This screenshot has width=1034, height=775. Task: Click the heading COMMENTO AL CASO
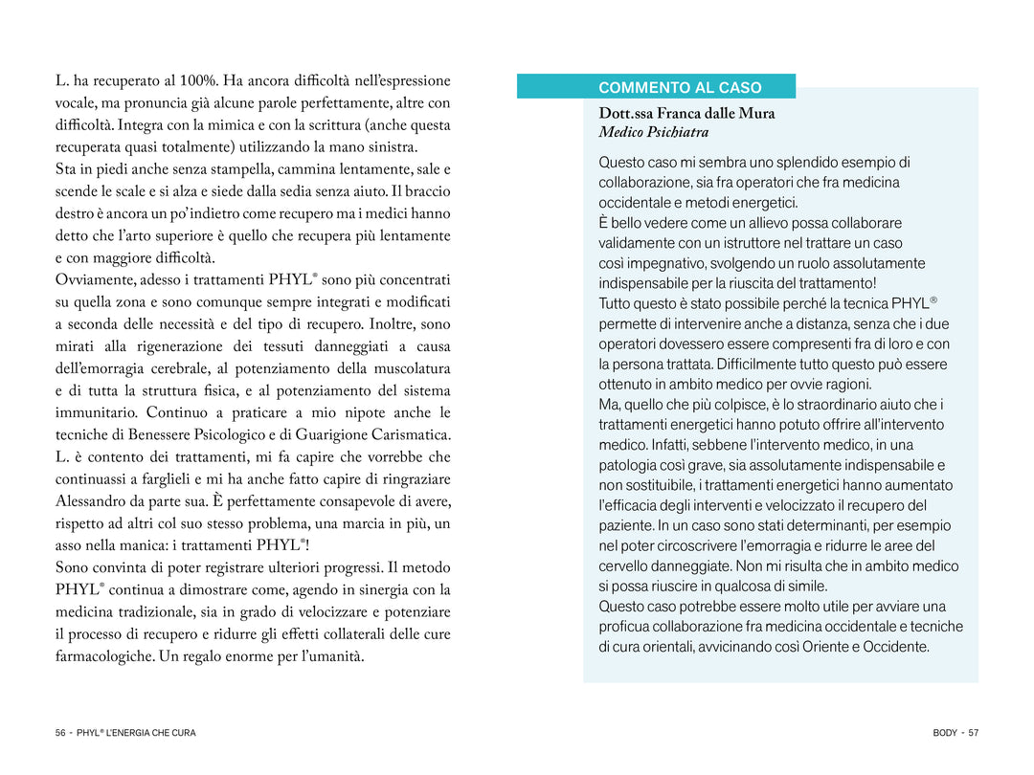point(680,87)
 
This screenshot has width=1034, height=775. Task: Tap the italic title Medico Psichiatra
point(653,132)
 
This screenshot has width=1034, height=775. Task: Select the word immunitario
point(100,412)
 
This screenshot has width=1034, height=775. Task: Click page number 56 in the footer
point(60,733)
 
